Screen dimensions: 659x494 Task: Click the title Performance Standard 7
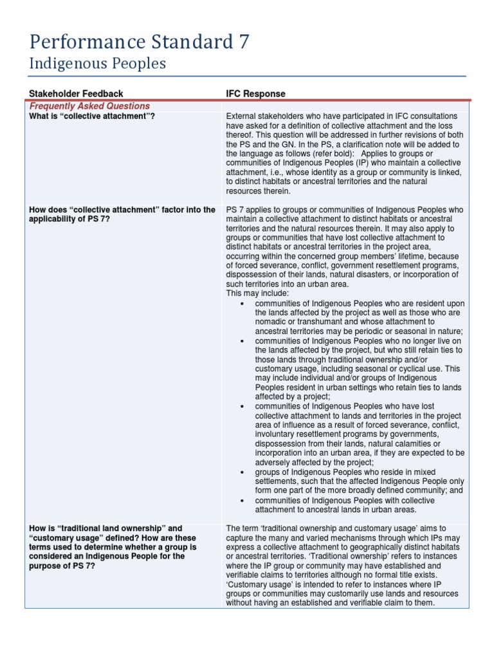(x=140, y=42)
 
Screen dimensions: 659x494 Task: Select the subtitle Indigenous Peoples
(x=98, y=64)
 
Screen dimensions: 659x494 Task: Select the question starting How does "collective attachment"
(x=122, y=210)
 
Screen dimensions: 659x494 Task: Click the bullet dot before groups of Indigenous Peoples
(x=241, y=472)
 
